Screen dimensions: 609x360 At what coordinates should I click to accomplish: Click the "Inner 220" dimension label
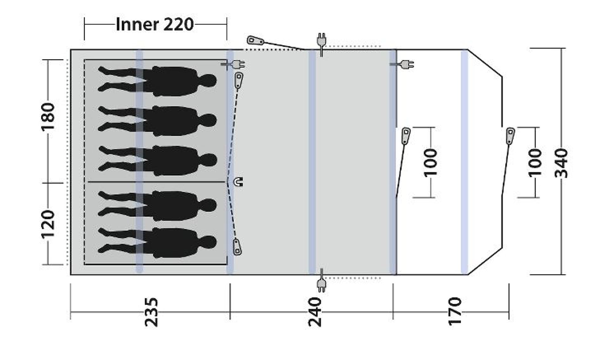155,24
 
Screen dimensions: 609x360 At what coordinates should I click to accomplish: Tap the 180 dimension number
48,116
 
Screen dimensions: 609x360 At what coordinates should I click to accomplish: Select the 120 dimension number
48,224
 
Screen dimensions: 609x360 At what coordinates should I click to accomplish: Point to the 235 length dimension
151,312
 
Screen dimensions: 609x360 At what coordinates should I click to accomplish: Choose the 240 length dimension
315,312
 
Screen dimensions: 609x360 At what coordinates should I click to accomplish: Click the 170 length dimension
455,311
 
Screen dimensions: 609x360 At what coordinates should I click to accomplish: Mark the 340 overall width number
561,163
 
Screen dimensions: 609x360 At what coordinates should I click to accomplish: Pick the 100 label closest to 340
535,162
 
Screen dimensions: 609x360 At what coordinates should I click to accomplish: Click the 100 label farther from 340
431,162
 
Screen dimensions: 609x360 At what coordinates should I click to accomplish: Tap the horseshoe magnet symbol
238,182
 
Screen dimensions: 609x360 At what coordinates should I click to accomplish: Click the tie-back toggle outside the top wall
255,41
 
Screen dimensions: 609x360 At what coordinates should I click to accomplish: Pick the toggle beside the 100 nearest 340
510,136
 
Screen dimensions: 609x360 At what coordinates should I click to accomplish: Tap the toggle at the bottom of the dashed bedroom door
237,247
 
